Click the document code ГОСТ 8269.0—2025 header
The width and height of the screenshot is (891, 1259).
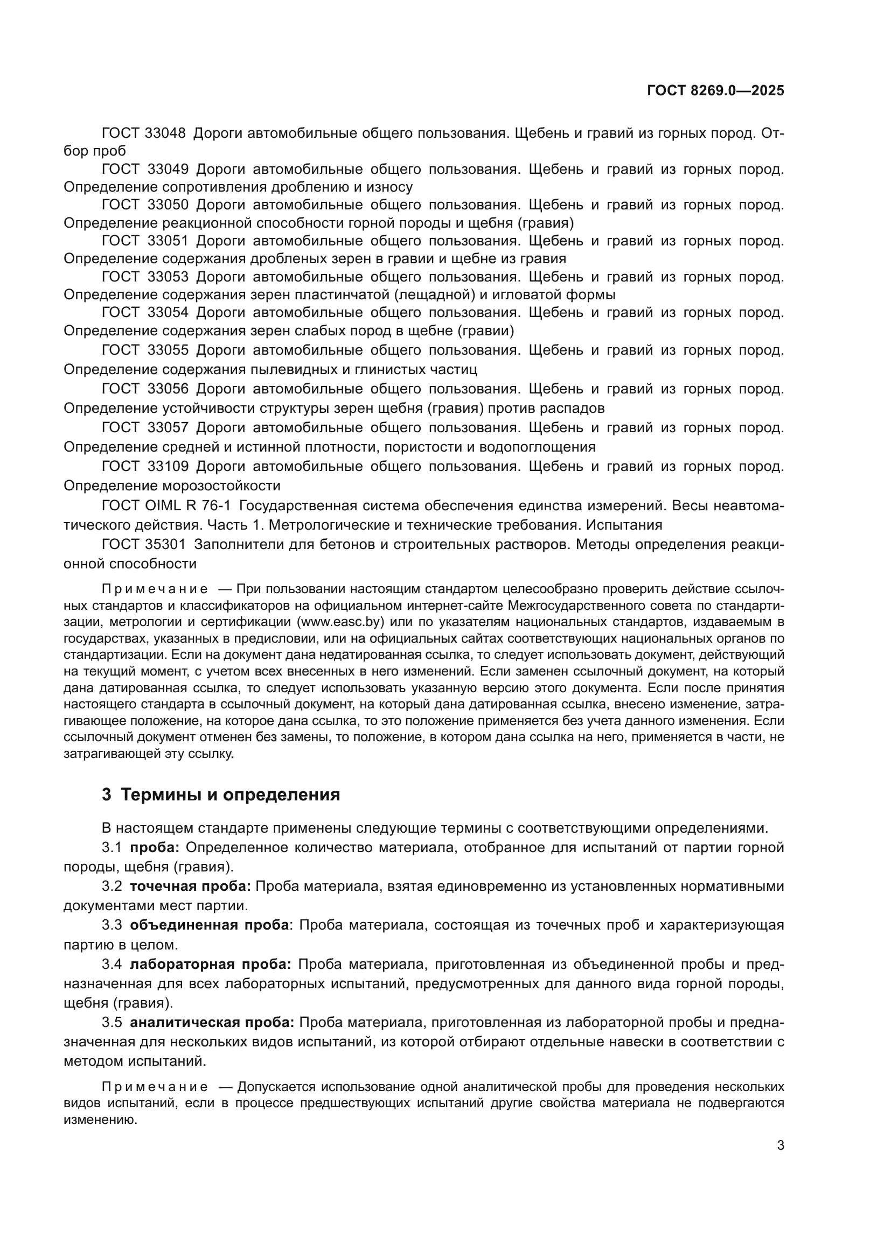[x=715, y=90]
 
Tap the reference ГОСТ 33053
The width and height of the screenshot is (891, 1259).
[x=145, y=277]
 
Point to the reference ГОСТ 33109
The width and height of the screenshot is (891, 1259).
[x=145, y=467]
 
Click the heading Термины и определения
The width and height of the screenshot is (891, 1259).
[x=231, y=794]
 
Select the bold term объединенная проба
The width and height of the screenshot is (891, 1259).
[x=209, y=925]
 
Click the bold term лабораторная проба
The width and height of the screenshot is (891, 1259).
[x=210, y=964]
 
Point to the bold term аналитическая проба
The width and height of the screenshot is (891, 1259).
[x=212, y=1022]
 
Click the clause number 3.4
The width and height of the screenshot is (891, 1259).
[x=112, y=964]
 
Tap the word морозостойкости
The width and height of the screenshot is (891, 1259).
[x=221, y=486]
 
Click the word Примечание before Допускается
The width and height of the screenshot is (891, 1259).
[x=155, y=1087]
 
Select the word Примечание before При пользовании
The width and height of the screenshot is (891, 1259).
[x=155, y=589]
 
